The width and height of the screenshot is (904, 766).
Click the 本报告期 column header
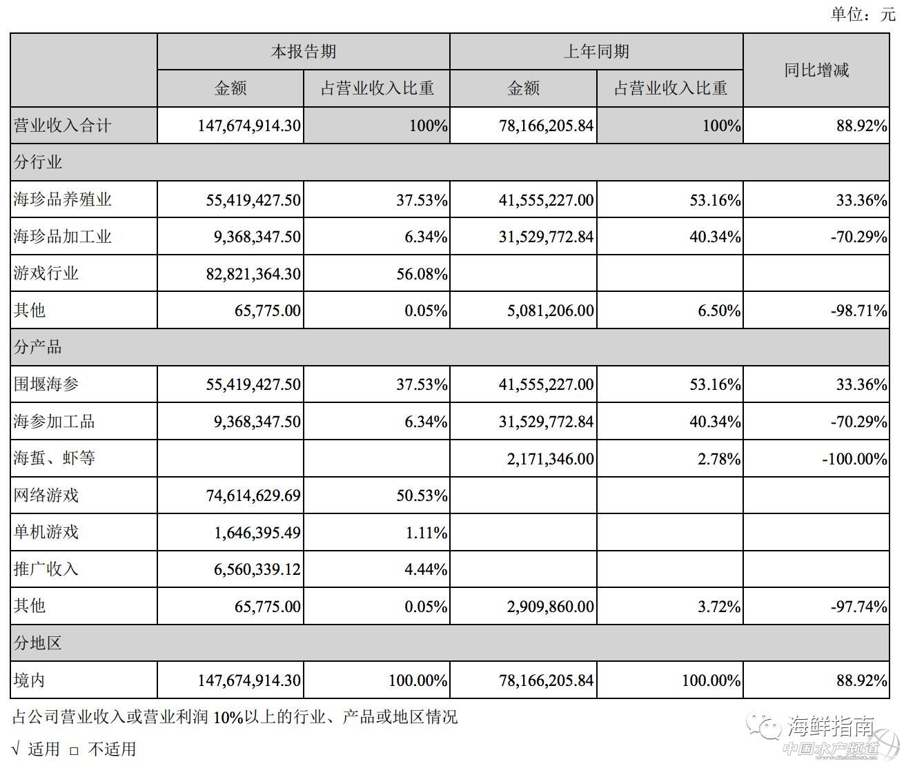(x=303, y=52)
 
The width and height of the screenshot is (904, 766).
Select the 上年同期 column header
(x=596, y=52)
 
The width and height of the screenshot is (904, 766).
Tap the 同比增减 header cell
(x=816, y=70)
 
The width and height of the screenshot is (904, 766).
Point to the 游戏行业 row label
(x=46, y=273)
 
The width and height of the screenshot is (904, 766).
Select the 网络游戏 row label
(x=46, y=495)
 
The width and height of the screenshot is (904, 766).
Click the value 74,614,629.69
(x=253, y=495)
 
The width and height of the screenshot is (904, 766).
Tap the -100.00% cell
(x=854, y=459)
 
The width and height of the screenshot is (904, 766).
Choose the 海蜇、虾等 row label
(x=55, y=458)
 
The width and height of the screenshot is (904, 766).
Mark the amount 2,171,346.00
(x=550, y=459)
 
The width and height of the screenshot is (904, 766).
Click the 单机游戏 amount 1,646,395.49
(x=257, y=533)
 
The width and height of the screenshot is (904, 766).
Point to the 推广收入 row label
(x=46, y=569)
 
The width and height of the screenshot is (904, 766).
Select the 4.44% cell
(x=430, y=569)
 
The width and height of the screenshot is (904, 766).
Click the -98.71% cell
(x=858, y=311)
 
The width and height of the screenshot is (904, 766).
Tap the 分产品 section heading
(x=38, y=347)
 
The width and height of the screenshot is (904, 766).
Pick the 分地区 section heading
(x=38, y=643)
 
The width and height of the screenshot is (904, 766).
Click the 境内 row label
(x=30, y=680)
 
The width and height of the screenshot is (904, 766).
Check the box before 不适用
(x=75, y=750)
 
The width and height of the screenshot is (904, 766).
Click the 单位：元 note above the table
(x=863, y=14)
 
